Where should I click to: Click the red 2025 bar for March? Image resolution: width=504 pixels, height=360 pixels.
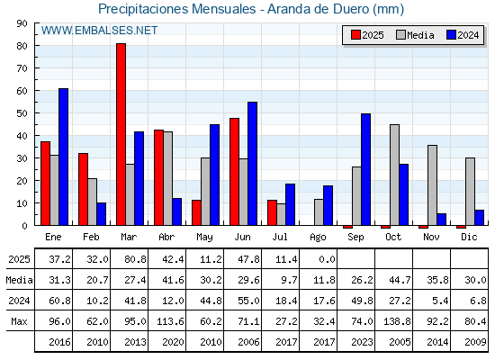tap(121, 134)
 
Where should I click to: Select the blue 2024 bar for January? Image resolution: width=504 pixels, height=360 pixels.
tap(63, 157)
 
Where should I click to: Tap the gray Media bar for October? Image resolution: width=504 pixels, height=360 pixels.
tap(395, 175)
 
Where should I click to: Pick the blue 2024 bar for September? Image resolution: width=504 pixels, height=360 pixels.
tap(365, 169)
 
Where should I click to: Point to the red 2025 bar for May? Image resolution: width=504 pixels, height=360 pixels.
tap(197, 212)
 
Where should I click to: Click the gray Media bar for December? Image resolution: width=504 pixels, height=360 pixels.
tap(470, 192)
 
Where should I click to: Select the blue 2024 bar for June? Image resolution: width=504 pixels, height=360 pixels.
tap(252, 164)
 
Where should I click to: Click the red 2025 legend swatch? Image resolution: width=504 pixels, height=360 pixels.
tap(355, 35)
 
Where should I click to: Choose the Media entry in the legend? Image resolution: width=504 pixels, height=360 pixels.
tap(415, 35)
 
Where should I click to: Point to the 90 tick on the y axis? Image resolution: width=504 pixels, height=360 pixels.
tap(35, 23)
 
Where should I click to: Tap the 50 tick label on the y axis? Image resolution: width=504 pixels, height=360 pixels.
tap(22, 113)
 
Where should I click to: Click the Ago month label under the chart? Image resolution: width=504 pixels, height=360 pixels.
tap(318, 238)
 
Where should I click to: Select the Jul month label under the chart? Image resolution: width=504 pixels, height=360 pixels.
tap(280, 237)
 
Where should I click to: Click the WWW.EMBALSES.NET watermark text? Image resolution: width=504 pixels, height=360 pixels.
tap(99, 31)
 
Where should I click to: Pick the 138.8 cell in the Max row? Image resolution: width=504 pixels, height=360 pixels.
tap(396, 321)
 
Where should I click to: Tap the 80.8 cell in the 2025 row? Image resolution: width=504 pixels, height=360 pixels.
tap(135, 259)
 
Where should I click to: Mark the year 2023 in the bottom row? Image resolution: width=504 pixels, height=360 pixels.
tap(362, 342)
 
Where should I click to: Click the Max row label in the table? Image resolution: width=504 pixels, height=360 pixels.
tap(19, 321)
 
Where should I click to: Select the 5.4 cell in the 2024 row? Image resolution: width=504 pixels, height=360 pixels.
tap(441, 301)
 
